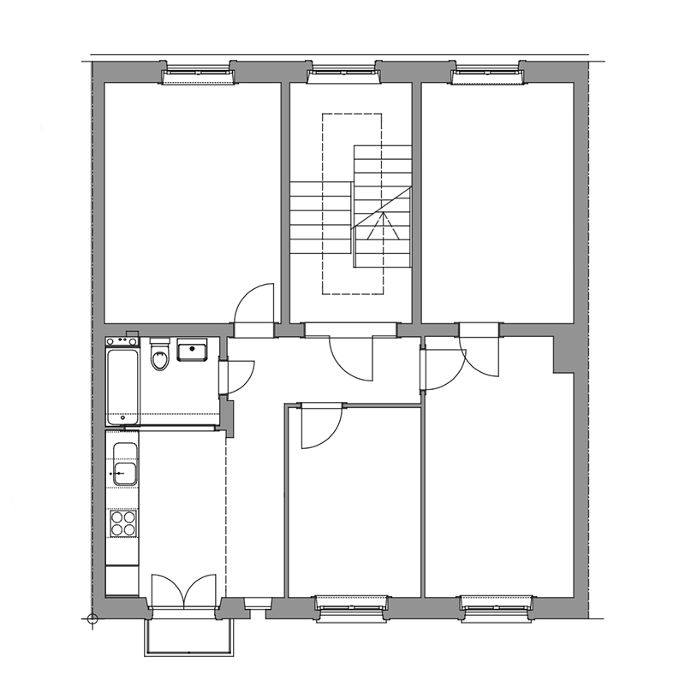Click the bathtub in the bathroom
[x=122, y=385]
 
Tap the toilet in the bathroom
[x=159, y=356]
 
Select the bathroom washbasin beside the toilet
[x=191, y=351]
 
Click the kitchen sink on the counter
[x=124, y=472]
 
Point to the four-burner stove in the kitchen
[x=123, y=523]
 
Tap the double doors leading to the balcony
[x=184, y=592]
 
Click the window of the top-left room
[x=199, y=75]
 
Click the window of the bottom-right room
[x=497, y=606]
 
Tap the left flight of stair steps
[x=320, y=218]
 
